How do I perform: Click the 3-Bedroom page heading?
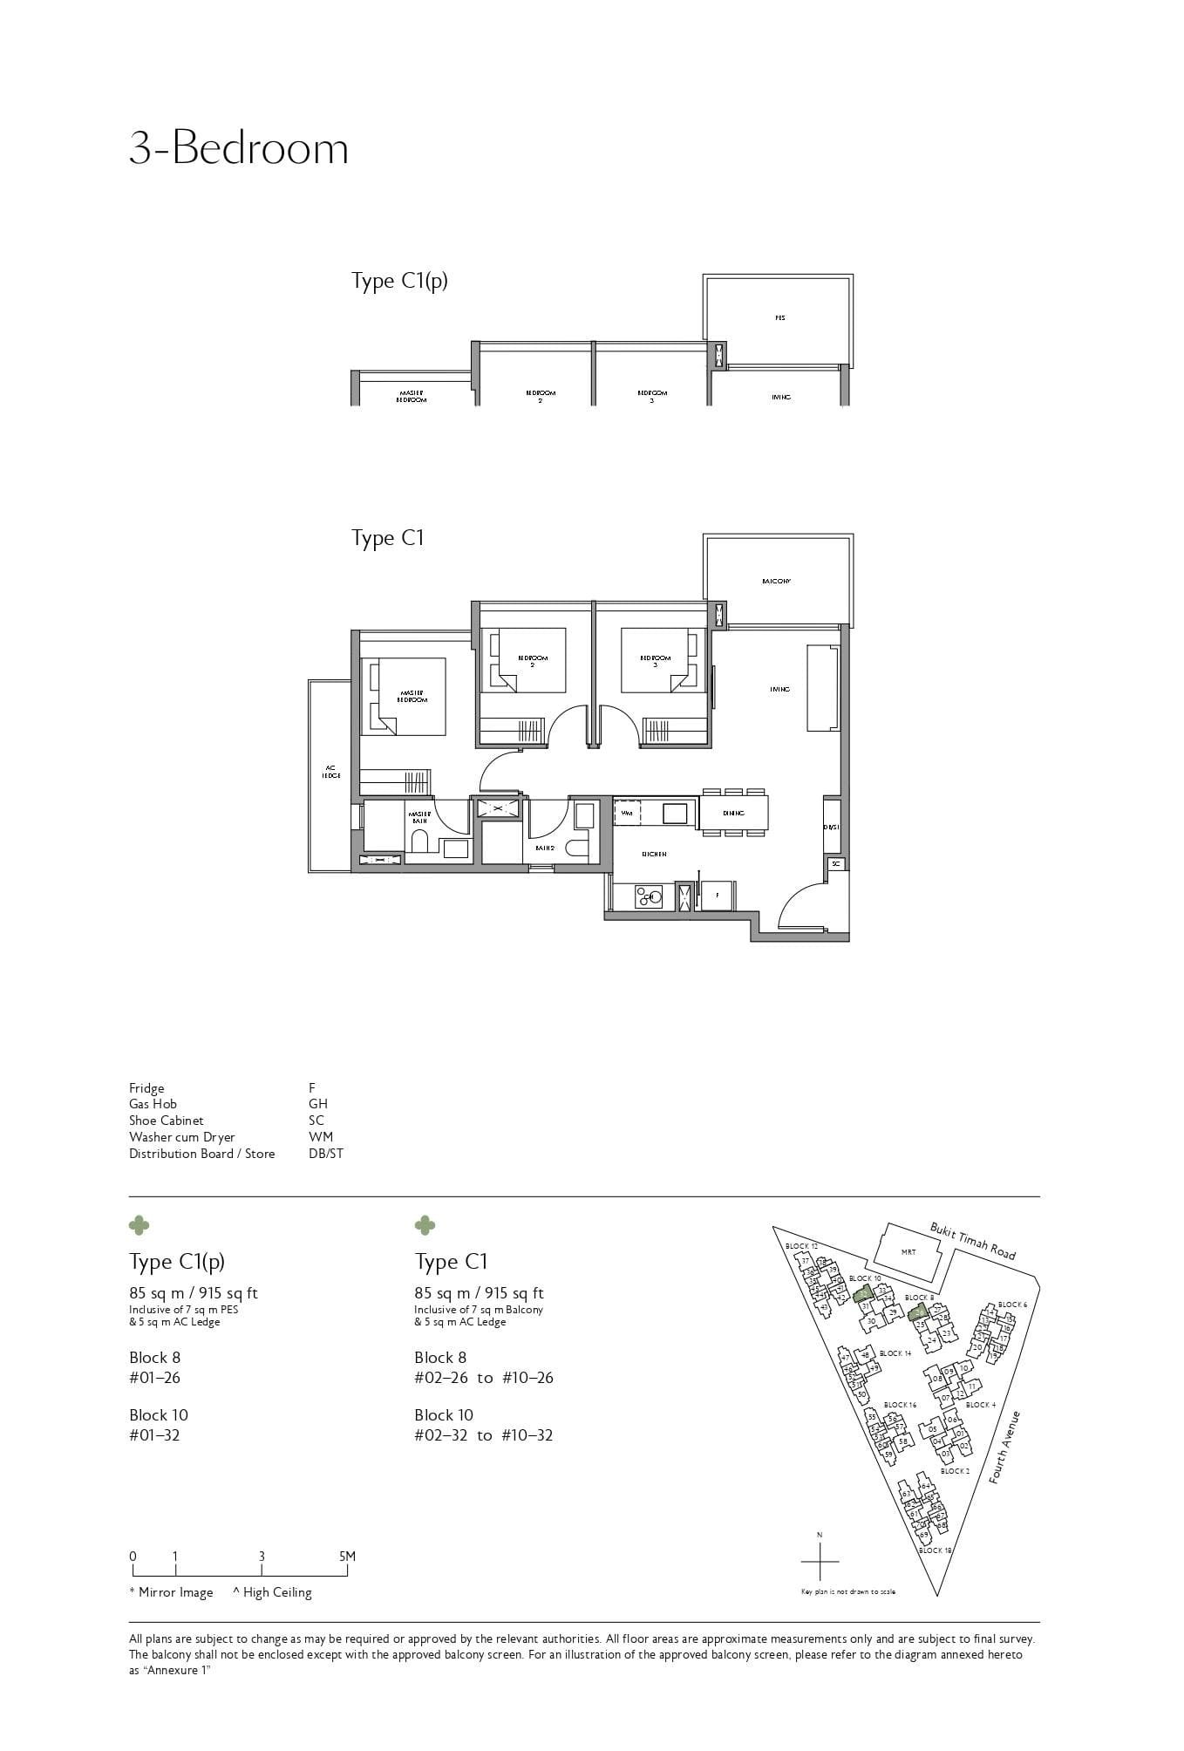click(x=238, y=148)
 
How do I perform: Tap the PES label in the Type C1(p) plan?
click(x=779, y=318)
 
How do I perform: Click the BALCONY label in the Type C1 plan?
click(x=775, y=581)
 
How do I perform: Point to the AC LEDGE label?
click(x=330, y=772)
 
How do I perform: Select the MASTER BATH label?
click(x=419, y=817)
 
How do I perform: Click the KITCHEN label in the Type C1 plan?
click(x=654, y=855)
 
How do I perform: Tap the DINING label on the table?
click(x=733, y=813)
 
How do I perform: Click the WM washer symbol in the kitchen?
click(x=627, y=813)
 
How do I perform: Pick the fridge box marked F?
click(x=717, y=896)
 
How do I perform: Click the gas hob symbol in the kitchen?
click(x=648, y=896)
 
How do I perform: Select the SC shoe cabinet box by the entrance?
click(x=835, y=863)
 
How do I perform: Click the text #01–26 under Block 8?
click(x=154, y=1378)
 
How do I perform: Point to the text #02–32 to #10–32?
click(x=483, y=1435)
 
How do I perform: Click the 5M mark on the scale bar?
click(x=347, y=1556)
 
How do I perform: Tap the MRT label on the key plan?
click(x=908, y=1251)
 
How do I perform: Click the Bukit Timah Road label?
click(x=972, y=1241)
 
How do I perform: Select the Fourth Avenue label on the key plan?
click(x=1004, y=1448)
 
